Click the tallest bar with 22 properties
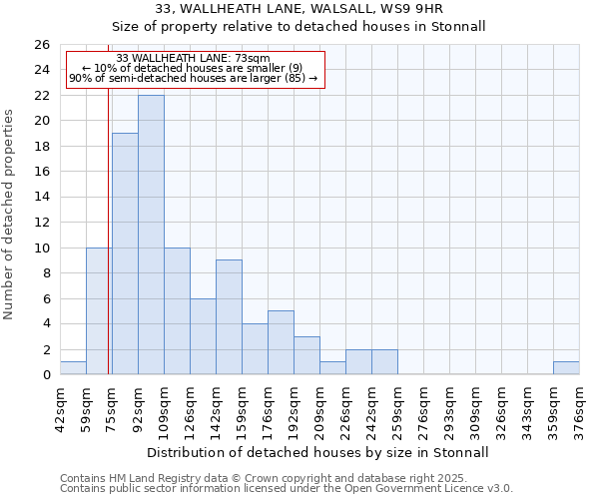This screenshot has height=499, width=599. click(151, 235)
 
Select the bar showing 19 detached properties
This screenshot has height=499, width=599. click(125, 253)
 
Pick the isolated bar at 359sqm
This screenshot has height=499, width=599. click(566, 368)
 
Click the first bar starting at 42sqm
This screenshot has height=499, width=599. click(73, 368)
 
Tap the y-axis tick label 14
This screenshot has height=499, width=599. click(42, 198)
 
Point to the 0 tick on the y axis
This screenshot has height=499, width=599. click(46, 375)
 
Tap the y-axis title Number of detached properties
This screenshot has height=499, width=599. click(9, 210)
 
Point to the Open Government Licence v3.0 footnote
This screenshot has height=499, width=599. click(287, 489)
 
